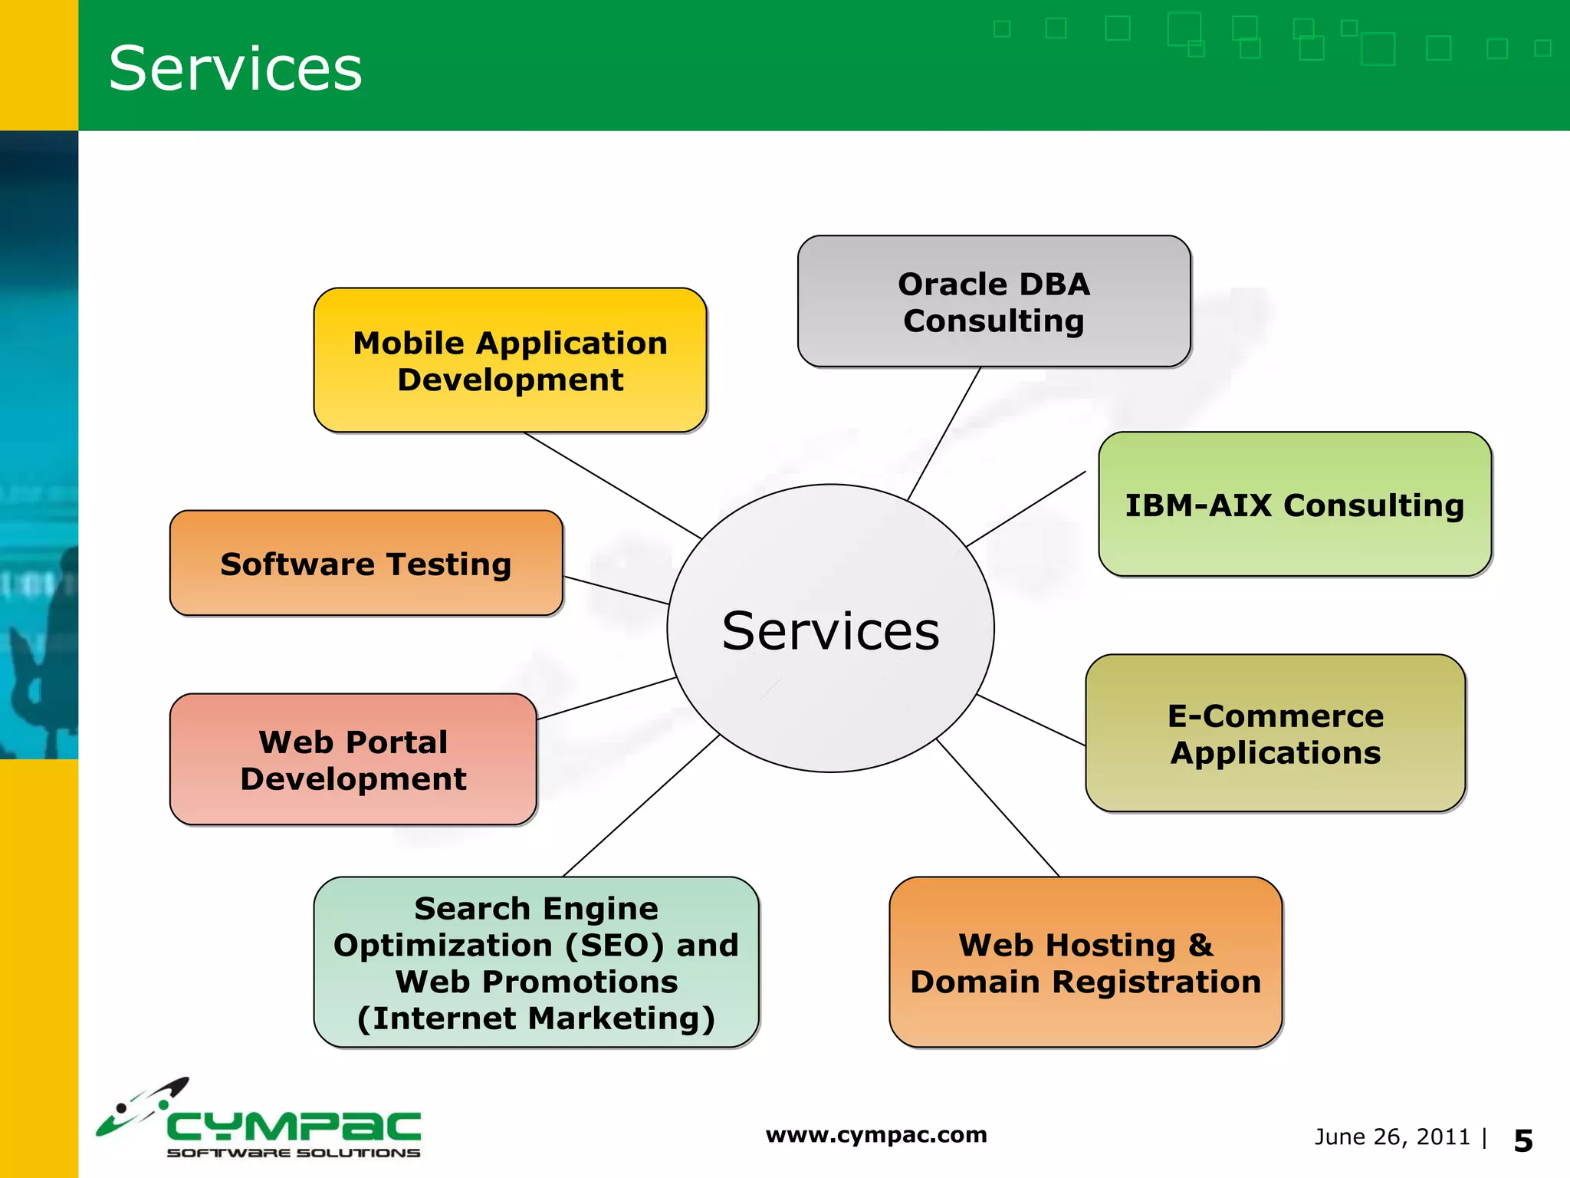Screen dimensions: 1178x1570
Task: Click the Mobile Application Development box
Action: click(x=510, y=360)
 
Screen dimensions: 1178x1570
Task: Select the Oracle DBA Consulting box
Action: click(x=994, y=301)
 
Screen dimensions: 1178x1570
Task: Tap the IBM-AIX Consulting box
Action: click(x=1294, y=505)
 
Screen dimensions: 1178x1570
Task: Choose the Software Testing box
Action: click(x=366, y=564)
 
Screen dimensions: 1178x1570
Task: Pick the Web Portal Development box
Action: click(x=353, y=759)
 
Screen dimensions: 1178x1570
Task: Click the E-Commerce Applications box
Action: click(x=1275, y=733)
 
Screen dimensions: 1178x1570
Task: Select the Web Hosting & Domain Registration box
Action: click(x=1085, y=962)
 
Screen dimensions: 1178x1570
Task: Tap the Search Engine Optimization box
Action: click(x=536, y=962)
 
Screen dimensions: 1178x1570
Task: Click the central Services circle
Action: click(x=830, y=629)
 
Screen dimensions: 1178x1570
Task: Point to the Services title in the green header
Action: click(x=235, y=69)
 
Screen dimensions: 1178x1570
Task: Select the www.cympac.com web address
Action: click(x=875, y=1134)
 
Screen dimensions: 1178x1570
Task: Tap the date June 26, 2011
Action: click(x=1391, y=1137)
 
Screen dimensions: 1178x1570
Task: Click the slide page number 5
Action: click(x=1522, y=1141)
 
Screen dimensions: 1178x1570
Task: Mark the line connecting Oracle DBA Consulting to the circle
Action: click(x=944, y=434)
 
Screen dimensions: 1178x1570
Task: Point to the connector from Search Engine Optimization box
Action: click(x=640, y=806)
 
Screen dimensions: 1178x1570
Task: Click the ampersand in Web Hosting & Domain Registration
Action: click(x=1200, y=945)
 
